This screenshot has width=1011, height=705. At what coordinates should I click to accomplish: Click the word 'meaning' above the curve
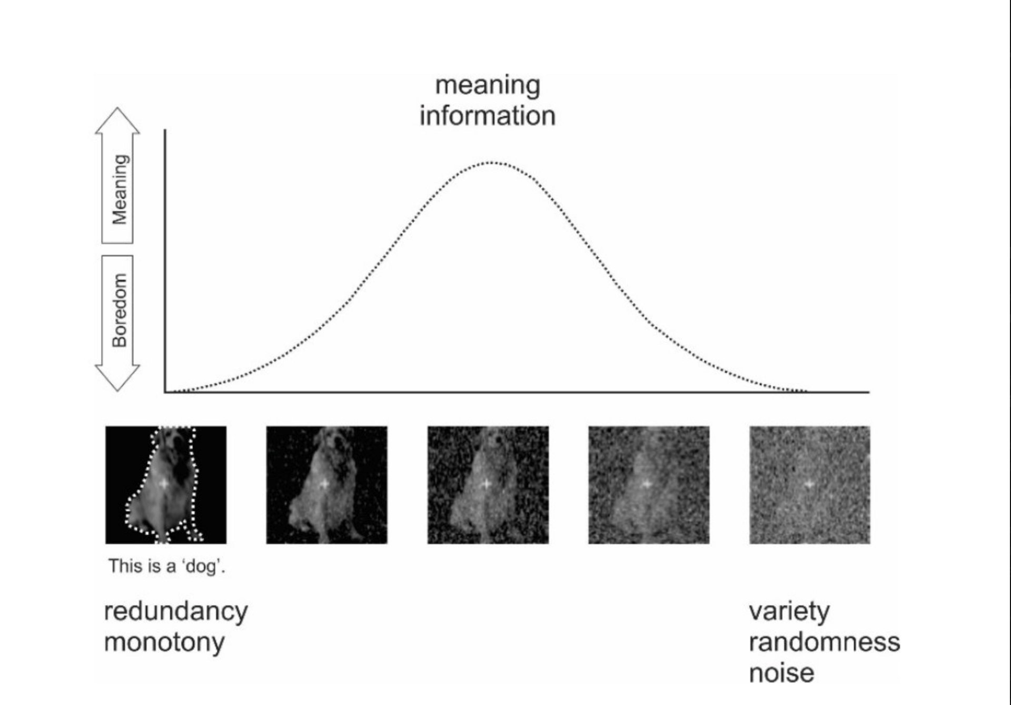(x=488, y=86)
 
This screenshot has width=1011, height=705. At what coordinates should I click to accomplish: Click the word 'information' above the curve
(x=488, y=116)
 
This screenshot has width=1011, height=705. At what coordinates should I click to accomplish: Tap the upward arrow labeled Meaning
(x=117, y=175)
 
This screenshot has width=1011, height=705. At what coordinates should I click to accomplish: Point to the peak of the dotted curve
(x=491, y=163)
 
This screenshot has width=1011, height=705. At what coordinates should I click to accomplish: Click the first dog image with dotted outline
(x=166, y=485)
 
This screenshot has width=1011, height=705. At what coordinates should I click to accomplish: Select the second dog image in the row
(x=326, y=485)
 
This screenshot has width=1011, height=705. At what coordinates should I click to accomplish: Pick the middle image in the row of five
(x=488, y=485)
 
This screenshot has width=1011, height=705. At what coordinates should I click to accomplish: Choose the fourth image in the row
(x=649, y=485)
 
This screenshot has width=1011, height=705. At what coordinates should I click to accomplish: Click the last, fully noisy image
(x=810, y=485)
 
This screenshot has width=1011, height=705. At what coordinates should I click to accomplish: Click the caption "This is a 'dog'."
(x=167, y=566)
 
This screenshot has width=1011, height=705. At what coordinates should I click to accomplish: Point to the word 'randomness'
(x=825, y=642)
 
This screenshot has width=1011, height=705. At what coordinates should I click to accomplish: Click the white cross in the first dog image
(x=164, y=484)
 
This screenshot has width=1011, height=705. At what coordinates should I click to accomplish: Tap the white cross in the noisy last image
(x=809, y=484)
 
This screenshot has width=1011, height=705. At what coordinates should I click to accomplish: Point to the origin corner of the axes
(x=165, y=392)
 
